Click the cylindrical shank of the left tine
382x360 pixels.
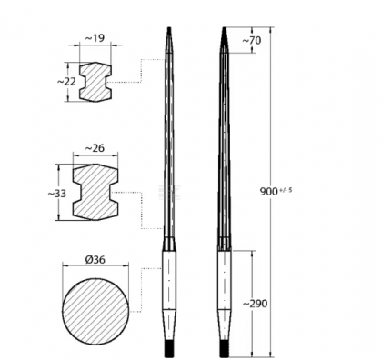click(168, 291)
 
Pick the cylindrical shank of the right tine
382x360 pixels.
click(223, 291)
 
